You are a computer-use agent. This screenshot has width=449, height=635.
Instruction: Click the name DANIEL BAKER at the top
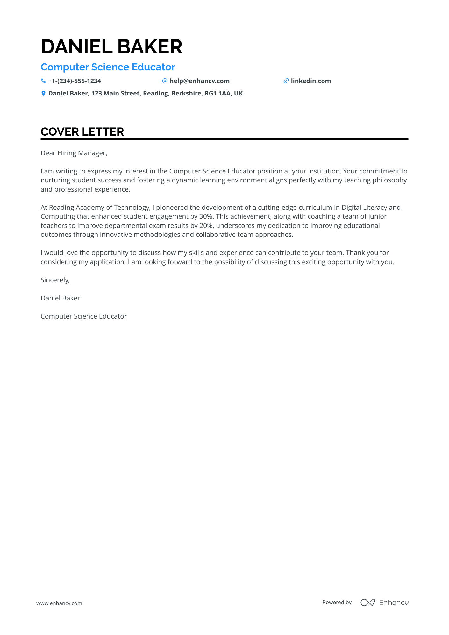(x=111, y=47)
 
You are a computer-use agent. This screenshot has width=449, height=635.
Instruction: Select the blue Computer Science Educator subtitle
(x=108, y=67)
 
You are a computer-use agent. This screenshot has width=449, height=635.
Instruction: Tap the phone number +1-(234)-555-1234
(x=75, y=81)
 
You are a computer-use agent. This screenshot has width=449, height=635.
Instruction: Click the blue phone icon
(x=43, y=81)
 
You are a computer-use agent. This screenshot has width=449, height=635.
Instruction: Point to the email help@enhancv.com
(x=199, y=81)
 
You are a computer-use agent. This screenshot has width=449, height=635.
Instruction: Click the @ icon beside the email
(x=165, y=81)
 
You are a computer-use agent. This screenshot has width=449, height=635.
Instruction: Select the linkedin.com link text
(x=311, y=81)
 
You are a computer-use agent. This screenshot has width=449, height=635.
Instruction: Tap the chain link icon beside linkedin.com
(x=286, y=81)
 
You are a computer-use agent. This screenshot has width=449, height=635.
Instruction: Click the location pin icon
(x=43, y=93)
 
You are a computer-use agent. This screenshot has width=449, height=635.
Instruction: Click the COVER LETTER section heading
(x=82, y=132)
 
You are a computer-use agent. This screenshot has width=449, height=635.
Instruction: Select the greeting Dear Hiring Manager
(x=74, y=153)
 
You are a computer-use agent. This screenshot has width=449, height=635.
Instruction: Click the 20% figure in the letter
(x=206, y=226)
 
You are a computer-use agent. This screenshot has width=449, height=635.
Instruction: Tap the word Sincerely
(x=55, y=280)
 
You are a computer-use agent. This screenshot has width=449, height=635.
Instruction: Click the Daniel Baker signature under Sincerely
(x=60, y=298)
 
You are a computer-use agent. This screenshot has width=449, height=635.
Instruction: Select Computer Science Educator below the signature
(x=83, y=316)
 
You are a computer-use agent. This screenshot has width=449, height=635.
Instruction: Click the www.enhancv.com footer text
(x=59, y=603)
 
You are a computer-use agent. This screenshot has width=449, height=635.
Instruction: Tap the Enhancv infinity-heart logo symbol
(x=367, y=603)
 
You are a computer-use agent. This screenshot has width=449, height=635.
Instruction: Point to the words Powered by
(x=337, y=602)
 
